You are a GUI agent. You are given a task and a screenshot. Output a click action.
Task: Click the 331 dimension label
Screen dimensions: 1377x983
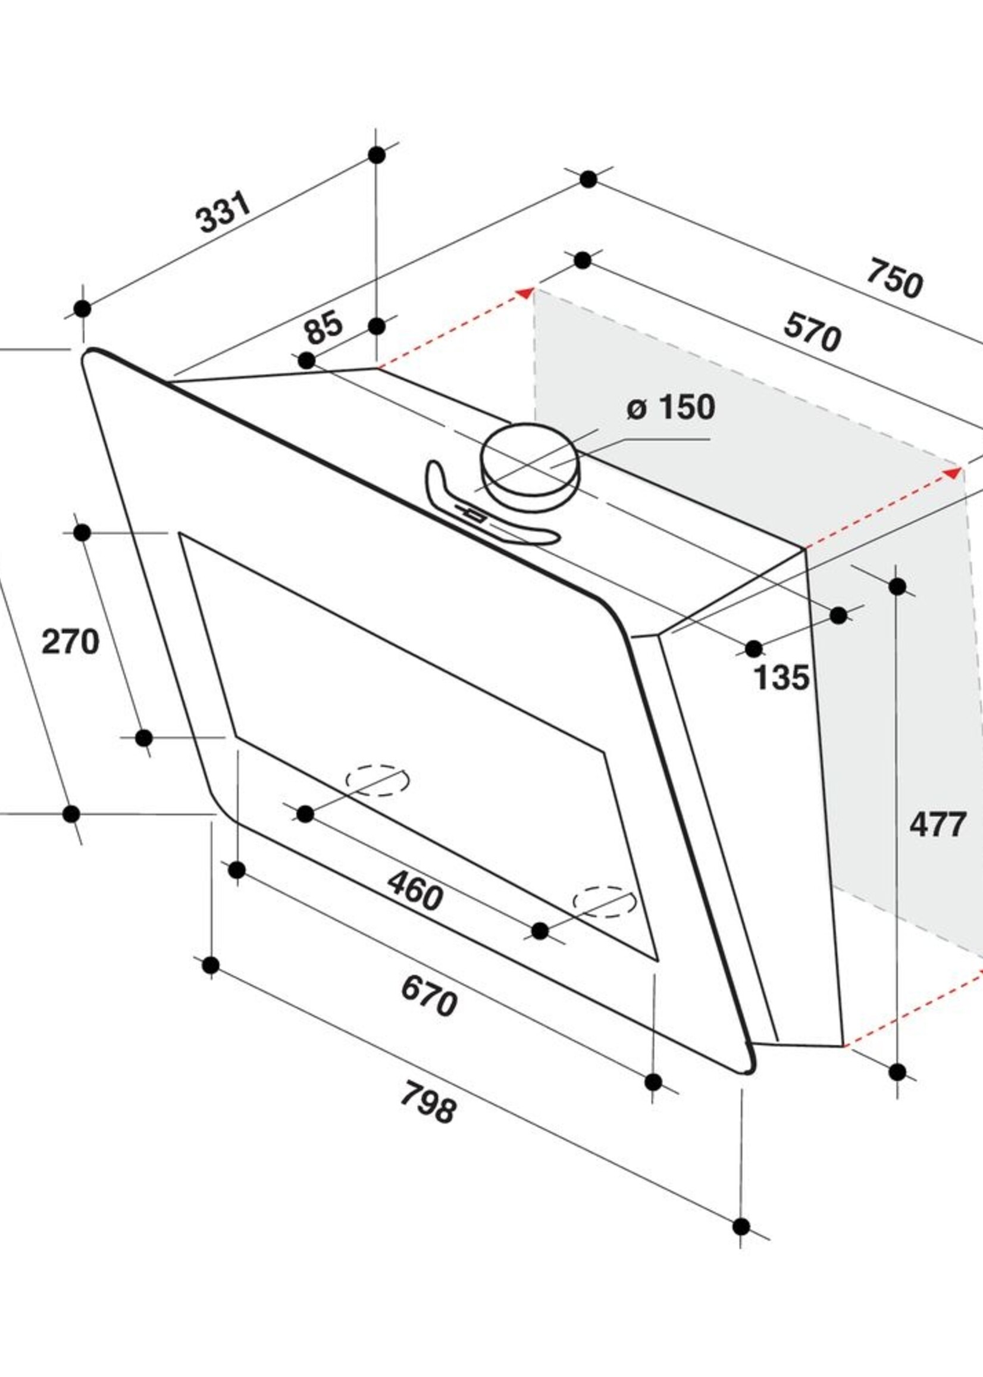[x=223, y=213]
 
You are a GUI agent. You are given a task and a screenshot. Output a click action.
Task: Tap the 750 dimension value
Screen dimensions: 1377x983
[x=894, y=279]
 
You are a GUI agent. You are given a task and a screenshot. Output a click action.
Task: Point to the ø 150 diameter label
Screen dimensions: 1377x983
[x=671, y=408]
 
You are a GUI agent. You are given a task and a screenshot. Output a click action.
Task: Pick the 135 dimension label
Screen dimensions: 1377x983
[x=781, y=677]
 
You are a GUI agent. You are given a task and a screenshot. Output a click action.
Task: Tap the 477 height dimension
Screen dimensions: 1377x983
[x=937, y=825]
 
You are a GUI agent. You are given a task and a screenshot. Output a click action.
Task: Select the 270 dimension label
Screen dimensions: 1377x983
[x=70, y=642]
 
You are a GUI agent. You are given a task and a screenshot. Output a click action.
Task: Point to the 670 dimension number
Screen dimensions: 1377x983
[x=428, y=997]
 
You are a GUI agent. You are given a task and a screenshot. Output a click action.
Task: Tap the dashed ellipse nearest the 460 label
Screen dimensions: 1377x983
[x=377, y=778]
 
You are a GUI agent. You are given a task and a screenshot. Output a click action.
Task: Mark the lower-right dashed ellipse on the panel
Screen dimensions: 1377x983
[x=605, y=902]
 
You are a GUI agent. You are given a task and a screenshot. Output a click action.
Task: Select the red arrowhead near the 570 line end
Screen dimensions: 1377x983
[x=954, y=472]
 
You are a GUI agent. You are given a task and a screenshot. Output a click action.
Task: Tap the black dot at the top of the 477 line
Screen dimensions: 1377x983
[x=897, y=586]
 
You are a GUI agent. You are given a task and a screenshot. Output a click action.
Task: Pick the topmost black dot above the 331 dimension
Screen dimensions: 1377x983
[x=377, y=155]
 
